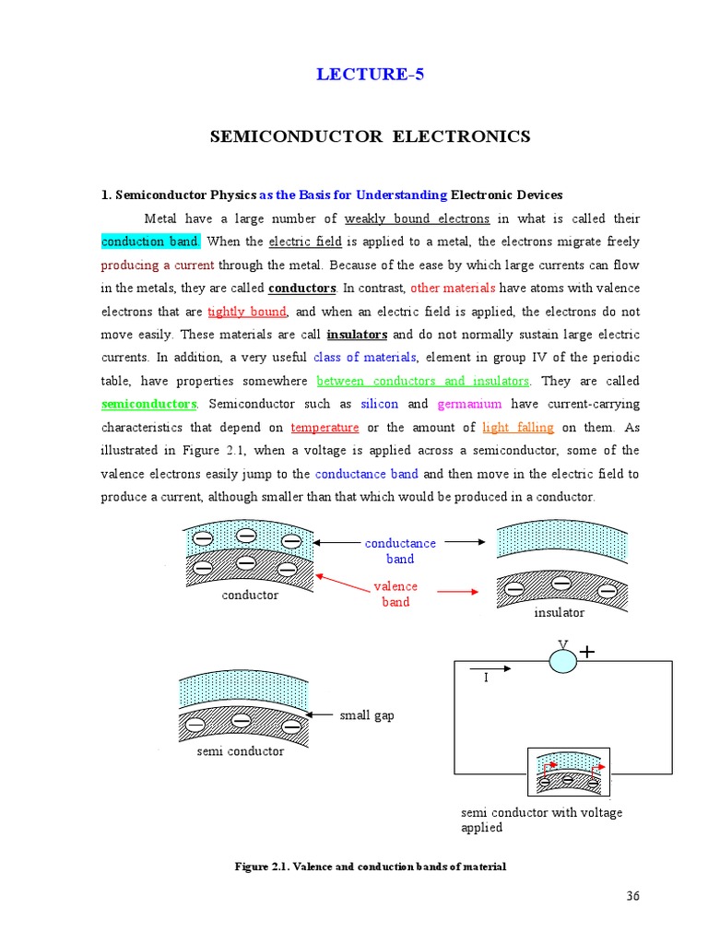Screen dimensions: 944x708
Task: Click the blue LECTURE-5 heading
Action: [370, 75]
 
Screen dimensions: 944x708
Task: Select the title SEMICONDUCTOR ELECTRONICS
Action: [370, 136]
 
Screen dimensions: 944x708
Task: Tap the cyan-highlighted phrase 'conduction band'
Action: [149, 242]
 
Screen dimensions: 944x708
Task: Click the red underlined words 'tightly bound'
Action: [247, 312]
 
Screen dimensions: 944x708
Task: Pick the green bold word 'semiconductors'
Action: [148, 404]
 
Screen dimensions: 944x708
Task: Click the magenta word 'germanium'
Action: [469, 404]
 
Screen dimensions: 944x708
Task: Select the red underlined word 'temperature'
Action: [324, 428]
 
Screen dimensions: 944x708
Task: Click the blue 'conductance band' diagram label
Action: [400, 550]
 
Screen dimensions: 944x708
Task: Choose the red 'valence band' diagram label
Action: [395, 594]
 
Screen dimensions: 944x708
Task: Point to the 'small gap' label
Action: [366, 714]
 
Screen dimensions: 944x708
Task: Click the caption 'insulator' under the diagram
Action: [560, 612]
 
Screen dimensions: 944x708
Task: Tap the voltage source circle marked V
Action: [562, 660]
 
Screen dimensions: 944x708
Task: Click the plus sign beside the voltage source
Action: [586, 652]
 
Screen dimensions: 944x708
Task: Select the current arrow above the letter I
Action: [490, 667]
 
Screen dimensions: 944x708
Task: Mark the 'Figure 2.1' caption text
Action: [370, 867]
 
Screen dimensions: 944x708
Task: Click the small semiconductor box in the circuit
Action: [569, 773]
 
